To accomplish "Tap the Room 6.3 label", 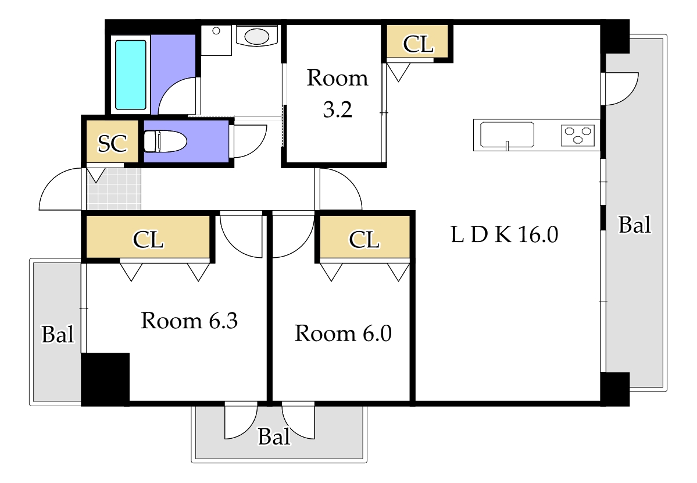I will (190, 321).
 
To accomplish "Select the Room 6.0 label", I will (343, 333).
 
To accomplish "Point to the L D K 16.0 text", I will (505, 235).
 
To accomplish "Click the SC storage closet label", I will (113, 143).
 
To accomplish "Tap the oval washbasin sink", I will (258, 36).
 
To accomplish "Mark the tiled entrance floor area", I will (114, 189).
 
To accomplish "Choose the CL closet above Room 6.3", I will (148, 239).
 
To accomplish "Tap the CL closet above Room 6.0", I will (364, 239).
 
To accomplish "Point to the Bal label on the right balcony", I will (634, 225).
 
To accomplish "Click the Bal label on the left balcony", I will (58, 334).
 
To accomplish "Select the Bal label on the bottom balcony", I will (274, 436).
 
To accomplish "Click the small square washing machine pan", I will (216, 40).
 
